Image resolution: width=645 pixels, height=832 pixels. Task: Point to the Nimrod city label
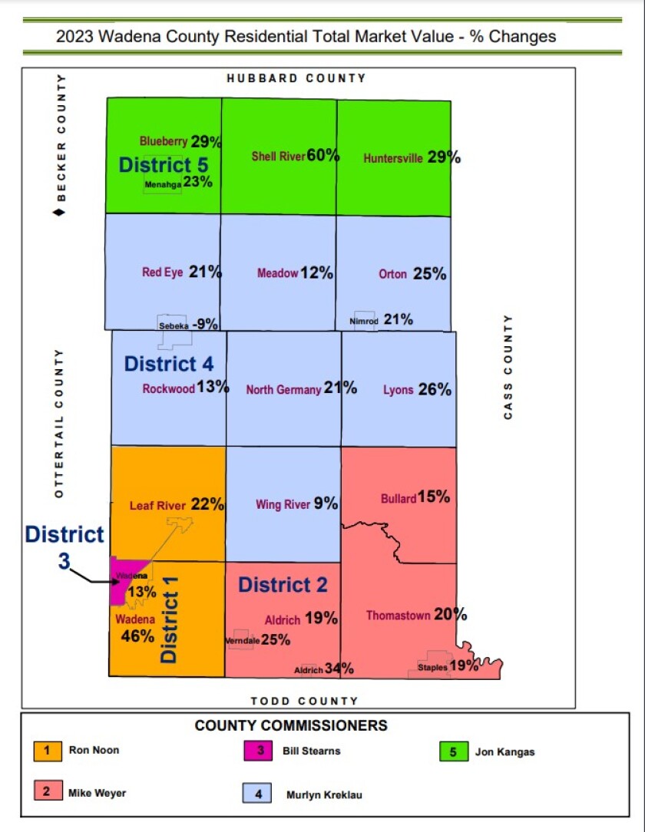click(363, 321)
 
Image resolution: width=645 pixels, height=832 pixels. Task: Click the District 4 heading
click(169, 364)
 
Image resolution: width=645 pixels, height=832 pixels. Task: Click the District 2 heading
click(283, 585)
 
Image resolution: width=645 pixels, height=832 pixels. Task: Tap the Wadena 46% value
click(137, 636)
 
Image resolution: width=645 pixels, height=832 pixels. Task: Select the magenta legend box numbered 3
click(260, 750)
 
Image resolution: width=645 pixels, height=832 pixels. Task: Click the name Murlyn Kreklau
click(323, 794)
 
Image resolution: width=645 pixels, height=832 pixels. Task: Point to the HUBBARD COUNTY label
click(296, 78)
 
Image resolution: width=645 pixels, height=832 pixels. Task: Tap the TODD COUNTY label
click(304, 701)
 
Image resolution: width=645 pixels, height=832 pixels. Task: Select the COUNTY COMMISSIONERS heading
click(291, 725)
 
